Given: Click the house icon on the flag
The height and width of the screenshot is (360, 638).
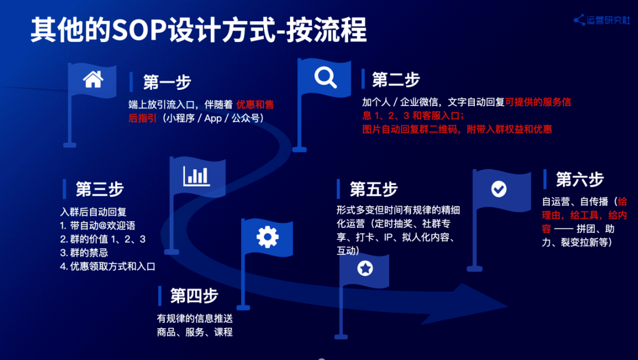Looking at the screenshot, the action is coord(93,79).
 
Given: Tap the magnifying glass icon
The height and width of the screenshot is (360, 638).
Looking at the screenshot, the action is coord(325,77).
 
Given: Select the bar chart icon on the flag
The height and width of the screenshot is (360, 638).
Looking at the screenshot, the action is coord(197,176).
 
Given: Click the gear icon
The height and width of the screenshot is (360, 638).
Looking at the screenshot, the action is coord(268,237).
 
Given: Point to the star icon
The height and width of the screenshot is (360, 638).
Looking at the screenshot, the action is coord(365,268).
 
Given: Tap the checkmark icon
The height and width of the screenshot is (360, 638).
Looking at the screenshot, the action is coord(499,189).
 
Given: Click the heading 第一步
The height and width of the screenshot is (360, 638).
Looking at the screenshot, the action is coord(167,82).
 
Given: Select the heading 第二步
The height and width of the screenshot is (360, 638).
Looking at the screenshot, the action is coord(395,80).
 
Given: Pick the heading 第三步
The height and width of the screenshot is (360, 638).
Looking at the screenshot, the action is coord(100,189).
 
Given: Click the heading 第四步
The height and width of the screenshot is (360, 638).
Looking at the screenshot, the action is coord(194,296).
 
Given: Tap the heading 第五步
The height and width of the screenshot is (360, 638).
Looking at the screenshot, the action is coord(373,189).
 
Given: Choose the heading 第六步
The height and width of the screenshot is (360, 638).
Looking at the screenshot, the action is coord(580,180).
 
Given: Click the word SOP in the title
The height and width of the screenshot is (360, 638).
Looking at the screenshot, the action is coord(139,30).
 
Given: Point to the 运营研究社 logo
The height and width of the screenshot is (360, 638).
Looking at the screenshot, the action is coord(602,20).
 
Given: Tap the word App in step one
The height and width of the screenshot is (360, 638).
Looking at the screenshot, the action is coord(213,118).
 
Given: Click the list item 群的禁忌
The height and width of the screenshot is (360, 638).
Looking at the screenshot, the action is coord(84,253).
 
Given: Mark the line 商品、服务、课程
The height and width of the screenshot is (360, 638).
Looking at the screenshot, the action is coord(195,332).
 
